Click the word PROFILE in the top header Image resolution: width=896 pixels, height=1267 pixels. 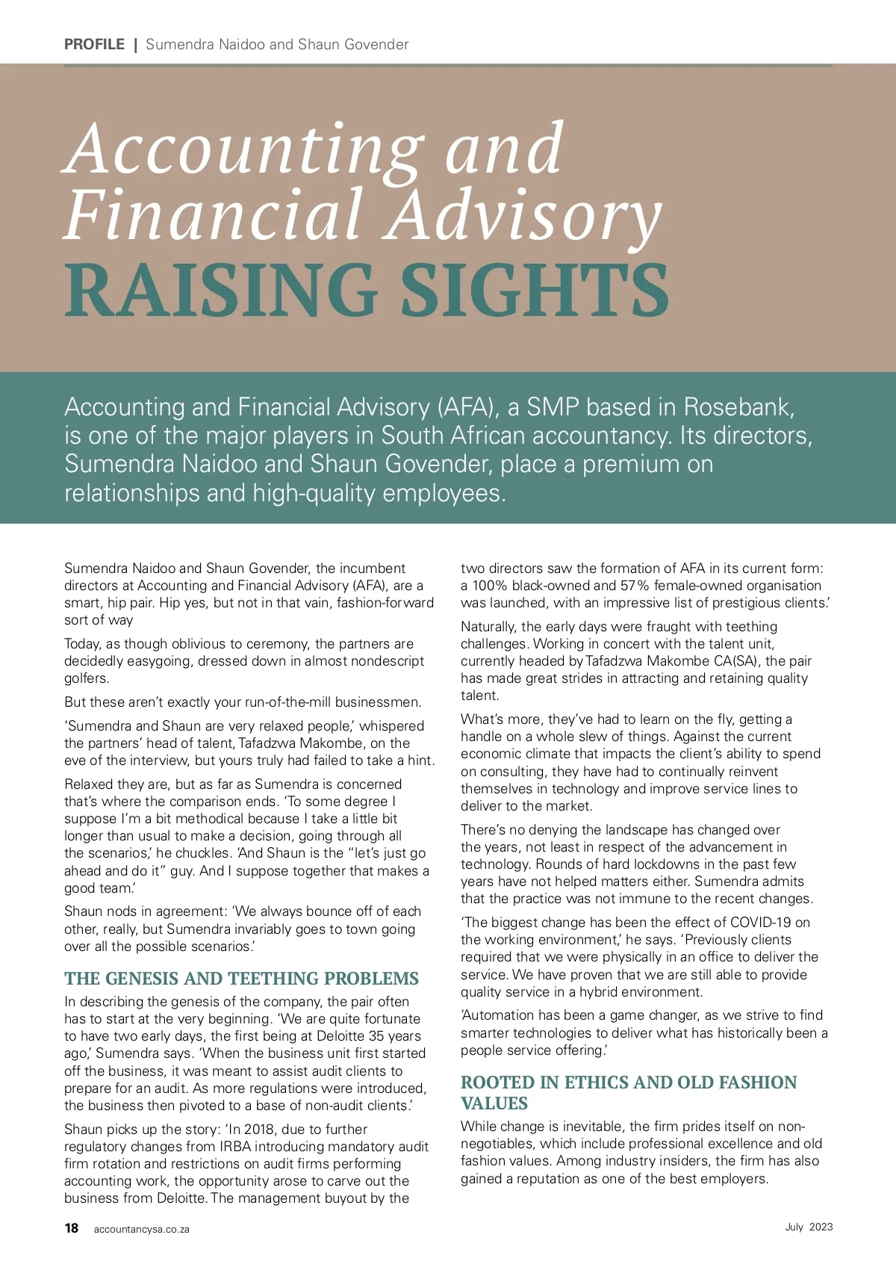94,44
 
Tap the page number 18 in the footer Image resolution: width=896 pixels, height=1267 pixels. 72,1228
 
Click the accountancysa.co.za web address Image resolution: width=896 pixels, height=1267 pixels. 142,1229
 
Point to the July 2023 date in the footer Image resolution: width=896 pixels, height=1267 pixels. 809,1227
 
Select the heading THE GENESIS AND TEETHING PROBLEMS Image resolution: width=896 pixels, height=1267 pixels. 241,979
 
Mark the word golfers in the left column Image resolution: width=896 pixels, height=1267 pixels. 87,678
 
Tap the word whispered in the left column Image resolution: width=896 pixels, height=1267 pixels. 391,726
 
